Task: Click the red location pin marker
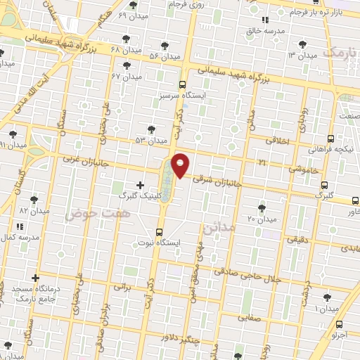pos(180,165)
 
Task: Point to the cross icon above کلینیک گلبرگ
pos(140,185)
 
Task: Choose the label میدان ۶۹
pos(131,15)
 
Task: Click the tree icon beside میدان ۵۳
pos(150,129)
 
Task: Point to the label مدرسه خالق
pos(265,32)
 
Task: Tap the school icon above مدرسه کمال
pos(19,226)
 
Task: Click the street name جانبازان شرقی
pos(217,181)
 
